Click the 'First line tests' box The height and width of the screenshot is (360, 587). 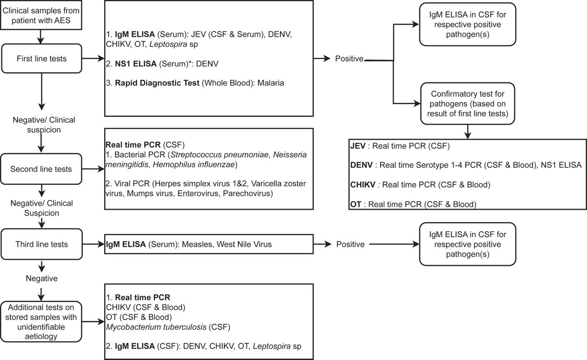click(42, 58)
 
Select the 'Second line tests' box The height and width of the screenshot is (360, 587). click(41, 169)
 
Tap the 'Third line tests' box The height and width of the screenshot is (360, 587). click(42, 244)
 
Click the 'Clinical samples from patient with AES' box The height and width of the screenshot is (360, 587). click(41, 15)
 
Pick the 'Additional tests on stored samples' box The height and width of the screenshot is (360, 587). click(41, 321)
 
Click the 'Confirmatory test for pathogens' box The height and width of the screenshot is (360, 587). click(468, 104)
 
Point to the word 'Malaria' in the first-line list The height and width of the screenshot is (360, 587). click(271, 83)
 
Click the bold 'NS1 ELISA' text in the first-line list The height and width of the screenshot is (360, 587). click(136, 64)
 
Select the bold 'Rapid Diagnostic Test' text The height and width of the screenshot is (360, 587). click(157, 83)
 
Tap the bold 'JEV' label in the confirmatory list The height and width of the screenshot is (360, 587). click(358, 146)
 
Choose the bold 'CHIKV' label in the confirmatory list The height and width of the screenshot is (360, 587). click(363, 185)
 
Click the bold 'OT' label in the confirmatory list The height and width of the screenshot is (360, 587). click(356, 204)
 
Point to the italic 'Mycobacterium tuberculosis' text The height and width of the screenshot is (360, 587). click(156, 327)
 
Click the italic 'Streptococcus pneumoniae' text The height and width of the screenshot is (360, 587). click(220, 155)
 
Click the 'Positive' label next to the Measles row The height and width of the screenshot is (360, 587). click(350, 244)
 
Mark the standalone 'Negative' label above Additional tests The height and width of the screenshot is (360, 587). click(42, 278)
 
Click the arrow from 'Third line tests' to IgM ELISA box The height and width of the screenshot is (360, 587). click(93, 244)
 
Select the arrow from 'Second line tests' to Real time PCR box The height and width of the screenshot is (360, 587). click(93, 169)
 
